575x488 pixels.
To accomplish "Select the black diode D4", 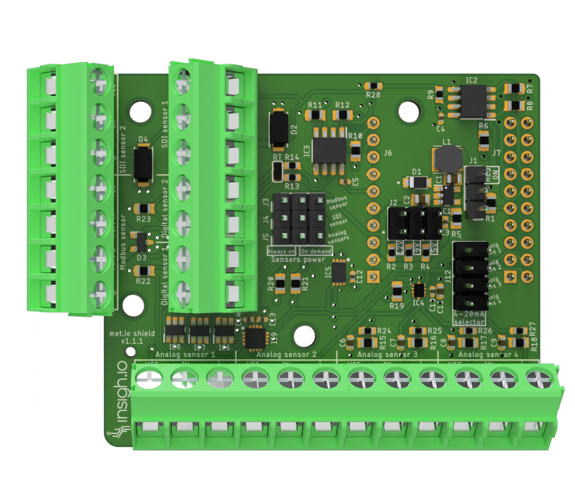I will [x=142, y=164].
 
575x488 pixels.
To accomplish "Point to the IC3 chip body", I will [x=328, y=150].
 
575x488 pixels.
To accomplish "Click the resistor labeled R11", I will [x=314, y=115].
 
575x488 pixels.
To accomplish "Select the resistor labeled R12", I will [x=342, y=115].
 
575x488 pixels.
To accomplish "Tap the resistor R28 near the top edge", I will [x=373, y=86].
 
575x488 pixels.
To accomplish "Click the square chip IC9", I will [x=254, y=337].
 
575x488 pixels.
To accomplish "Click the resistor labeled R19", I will [x=397, y=292].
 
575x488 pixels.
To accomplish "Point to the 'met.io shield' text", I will [x=126, y=333].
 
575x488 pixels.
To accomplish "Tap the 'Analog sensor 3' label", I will [x=387, y=354].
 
